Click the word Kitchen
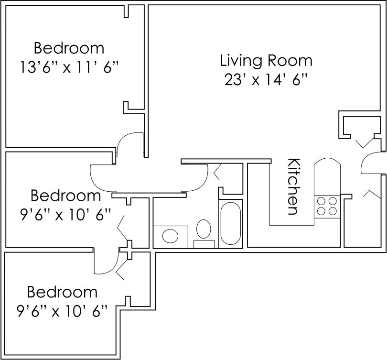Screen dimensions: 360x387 click(293, 186)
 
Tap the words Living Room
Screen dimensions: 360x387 click(266, 61)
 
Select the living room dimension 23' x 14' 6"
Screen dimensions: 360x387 click(266, 79)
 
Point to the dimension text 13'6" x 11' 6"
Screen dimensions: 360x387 click(69, 66)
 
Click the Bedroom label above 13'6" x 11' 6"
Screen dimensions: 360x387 click(69, 48)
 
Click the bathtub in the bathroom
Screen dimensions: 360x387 click(230, 223)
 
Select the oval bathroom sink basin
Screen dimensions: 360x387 click(170, 235)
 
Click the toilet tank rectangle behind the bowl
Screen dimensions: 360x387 click(204, 244)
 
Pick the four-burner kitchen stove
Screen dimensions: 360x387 click(326, 206)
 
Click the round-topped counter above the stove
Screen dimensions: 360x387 click(327, 177)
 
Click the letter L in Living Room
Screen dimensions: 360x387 click(224, 61)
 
